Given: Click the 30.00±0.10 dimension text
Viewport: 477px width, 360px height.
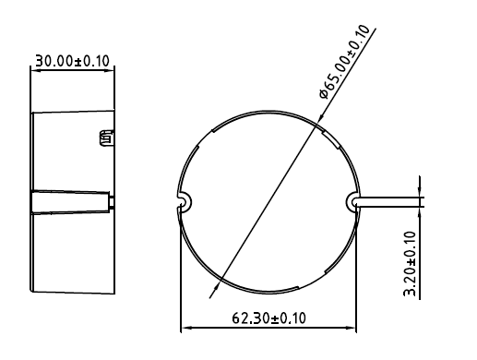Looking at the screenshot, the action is click(x=72, y=61).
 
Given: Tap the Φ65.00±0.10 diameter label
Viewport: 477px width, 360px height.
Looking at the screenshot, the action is click(x=344, y=62).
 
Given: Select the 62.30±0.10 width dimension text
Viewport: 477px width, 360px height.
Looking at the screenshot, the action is click(x=268, y=318).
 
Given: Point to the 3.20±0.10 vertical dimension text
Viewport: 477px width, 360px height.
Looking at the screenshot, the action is click(x=410, y=263).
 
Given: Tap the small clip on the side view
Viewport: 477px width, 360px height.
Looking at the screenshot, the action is click(x=106, y=138).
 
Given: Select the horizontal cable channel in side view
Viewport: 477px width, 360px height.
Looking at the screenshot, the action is click(x=71, y=202).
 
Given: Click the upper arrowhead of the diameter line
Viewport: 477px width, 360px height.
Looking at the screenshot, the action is click(x=320, y=119).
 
